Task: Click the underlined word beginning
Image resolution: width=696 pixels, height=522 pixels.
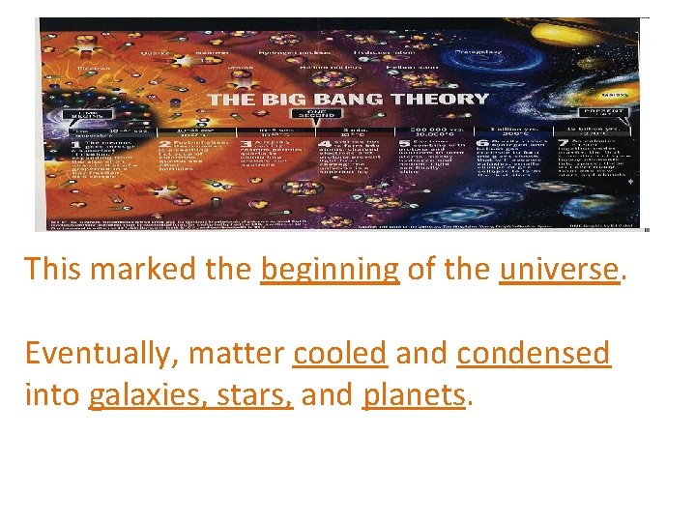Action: coord(330,268)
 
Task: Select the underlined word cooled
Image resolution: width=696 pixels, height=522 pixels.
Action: coord(339,353)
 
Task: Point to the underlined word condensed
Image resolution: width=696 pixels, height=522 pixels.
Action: coord(533,353)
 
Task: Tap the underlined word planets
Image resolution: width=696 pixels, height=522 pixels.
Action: coord(413,394)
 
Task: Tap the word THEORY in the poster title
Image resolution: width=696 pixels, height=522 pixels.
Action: coord(435,98)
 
